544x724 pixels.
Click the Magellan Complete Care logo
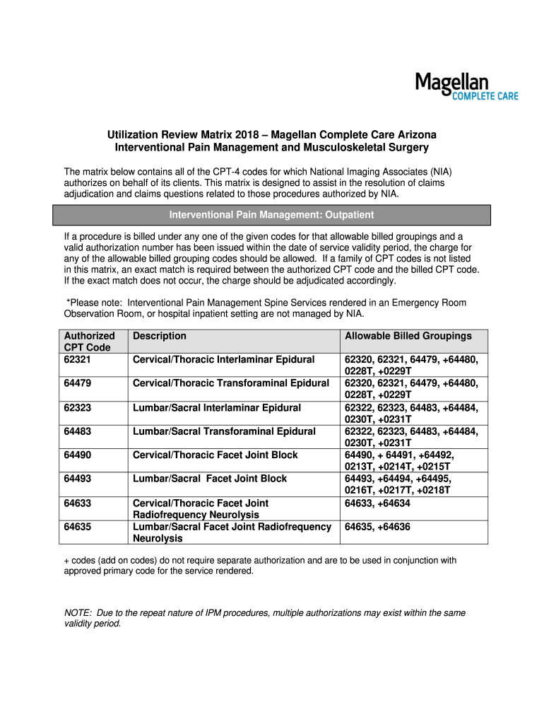pyautogui.click(x=466, y=87)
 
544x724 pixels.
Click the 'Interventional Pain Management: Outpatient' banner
pyautogui.click(x=272, y=215)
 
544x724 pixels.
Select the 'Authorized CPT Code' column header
pyautogui.click(x=89, y=341)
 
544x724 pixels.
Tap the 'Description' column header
pyautogui.click(x=160, y=336)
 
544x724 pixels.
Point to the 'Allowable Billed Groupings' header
pyautogui.click(x=408, y=336)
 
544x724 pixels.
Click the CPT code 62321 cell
pyautogui.click(x=78, y=360)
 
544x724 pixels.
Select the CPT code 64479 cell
pyautogui.click(x=78, y=383)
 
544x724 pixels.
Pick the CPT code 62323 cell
pyautogui.click(x=78, y=407)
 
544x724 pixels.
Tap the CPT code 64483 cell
pyautogui.click(x=78, y=431)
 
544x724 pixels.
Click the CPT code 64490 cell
pyautogui.click(x=78, y=455)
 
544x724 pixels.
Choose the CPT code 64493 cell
pyautogui.click(x=78, y=479)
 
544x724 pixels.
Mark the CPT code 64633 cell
pyautogui.click(x=78, y=503)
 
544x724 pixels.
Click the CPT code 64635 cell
pyautogui.click(x=78, y=527)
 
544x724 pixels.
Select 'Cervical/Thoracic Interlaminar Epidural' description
pyautogui.click(x=223, y=360)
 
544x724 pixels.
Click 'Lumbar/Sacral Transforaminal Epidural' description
pyautogui.click(x=224, y=431)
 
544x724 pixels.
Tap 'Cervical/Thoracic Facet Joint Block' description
pyautogui.click(x=215, y=455)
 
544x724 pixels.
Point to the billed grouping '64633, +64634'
pyautogui.click(x=377, y=503)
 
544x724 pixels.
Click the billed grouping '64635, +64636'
pyautogui.click(x=377, y=527)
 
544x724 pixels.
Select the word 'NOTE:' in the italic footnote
pyautogui.click(x=77, y=613)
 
